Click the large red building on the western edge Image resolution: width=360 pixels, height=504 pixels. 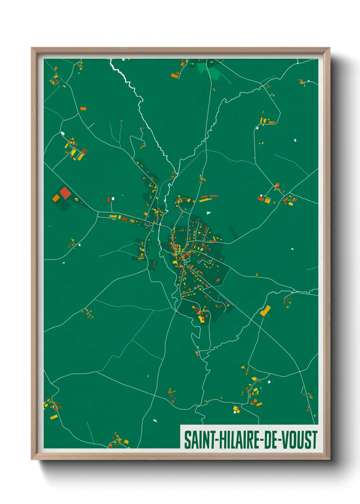point(65,193)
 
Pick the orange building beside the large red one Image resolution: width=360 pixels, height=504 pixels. point(56,198)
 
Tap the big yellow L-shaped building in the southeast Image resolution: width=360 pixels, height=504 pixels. point(265,310)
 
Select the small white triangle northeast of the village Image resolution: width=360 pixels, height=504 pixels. point(208,213)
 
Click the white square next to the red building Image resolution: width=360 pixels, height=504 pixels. point(113,199)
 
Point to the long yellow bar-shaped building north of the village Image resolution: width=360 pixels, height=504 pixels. point(205,200)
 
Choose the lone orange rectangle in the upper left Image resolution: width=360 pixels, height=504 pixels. point(83,109)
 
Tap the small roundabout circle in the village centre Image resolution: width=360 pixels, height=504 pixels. point(186,261)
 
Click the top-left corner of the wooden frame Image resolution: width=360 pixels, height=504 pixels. point(32,48)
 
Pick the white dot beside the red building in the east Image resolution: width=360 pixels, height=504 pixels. point(261,195)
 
